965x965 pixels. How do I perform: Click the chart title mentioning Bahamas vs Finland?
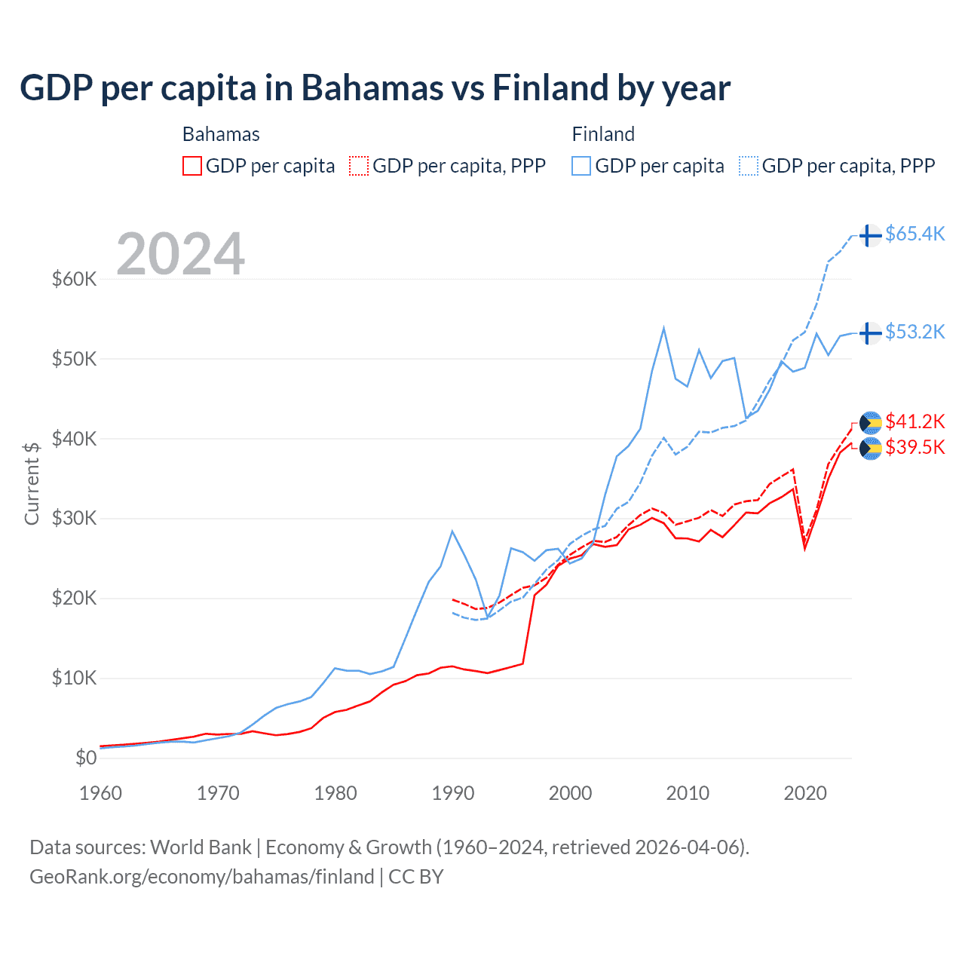coord(375,88)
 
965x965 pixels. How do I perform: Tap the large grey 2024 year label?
coord(180,254)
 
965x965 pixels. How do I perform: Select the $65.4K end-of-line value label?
coord(914,234)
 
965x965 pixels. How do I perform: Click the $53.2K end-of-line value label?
coord(914,332)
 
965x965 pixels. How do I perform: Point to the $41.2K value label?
coord(914,421)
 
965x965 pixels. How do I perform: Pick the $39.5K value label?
coord(914,447)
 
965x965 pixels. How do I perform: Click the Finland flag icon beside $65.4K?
coord(870,235)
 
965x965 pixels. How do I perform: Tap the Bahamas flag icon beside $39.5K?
coord(870,449)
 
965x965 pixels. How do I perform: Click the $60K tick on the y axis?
coord(74,279)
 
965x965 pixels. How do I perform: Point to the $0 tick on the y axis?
coord(85,758)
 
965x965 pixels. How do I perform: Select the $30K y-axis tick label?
coord(74,519)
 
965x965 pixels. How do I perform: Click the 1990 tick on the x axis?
coord(453,793)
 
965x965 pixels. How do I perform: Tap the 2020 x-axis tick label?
coord(805,793)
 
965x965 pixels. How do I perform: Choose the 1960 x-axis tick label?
coord(100,793)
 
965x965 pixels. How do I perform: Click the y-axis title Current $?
coord(32,483)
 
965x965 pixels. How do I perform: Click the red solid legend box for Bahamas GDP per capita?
coord(192,166)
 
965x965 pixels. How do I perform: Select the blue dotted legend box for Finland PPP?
coord(749,166)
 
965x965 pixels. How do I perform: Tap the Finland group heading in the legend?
coord(603,134)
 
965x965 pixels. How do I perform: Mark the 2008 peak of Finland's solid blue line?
coord(663,328)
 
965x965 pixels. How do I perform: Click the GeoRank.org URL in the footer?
coord(202,877)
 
